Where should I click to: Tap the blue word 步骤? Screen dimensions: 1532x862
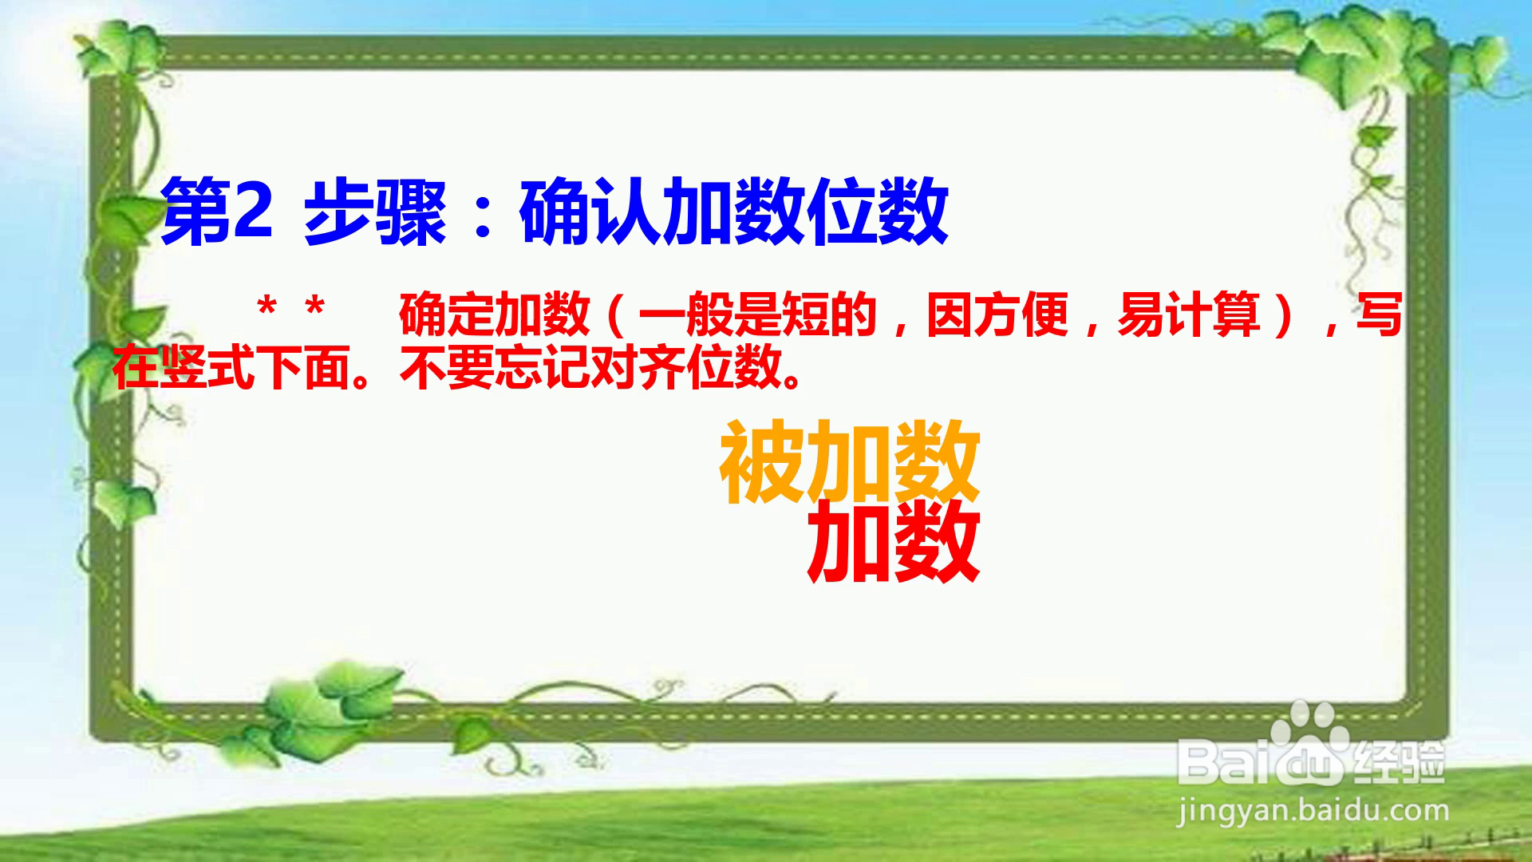(374, 212)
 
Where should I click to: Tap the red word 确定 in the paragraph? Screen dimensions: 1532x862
(446, 315)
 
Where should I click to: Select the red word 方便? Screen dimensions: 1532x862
(1021, 315)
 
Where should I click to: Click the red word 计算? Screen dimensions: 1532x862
(1212, 315)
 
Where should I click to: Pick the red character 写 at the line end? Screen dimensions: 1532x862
(1380, 315)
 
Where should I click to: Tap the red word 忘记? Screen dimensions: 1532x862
(542, 368)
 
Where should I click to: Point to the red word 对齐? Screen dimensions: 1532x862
(638, 368)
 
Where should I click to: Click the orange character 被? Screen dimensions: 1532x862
(763, 463)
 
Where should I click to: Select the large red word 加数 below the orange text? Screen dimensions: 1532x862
(893, 542)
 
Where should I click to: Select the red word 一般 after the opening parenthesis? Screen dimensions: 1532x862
(685, 315)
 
